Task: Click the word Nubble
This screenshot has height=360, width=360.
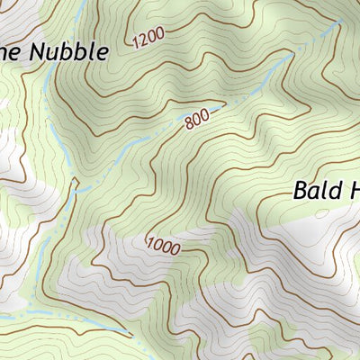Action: pyautogui.click(x=70, y=51)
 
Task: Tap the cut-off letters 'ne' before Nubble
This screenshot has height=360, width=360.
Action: pyautogui.click(x=12, y=53)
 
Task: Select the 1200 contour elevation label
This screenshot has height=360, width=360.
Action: pyautogui.click(x=148, y=39)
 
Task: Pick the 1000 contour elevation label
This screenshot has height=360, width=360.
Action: pyautogui.click(x=162, y=244)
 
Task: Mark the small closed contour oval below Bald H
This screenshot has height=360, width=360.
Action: pyautogui.click(x=322, y=213)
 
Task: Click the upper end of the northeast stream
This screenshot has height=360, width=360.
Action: pyautogui.click(x=340, y=22)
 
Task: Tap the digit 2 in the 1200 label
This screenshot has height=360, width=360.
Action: pyautogui.click(x=144, y=40)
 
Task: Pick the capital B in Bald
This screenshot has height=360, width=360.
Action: pyautogui.click(x=300, y=191)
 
